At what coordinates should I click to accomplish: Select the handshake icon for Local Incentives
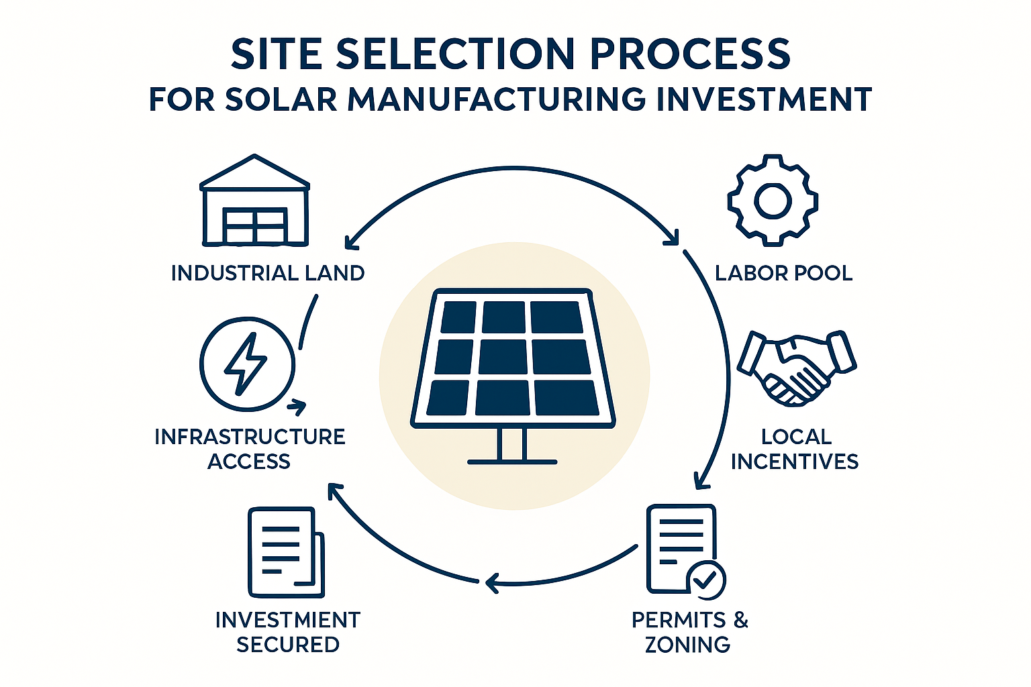797,368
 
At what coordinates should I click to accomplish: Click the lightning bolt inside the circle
245,364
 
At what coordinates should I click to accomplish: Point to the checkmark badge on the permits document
705,580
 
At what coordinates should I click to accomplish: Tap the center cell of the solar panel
503,357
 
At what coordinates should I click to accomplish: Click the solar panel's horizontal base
512,462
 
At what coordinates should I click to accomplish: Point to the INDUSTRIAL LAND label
268,273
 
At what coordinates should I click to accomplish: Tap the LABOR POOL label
784,273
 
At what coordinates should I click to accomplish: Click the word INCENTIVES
795,462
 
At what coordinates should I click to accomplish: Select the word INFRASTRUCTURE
250,437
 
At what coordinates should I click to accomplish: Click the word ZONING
687,644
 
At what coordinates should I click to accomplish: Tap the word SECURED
288,644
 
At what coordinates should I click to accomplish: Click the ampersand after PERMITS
740,620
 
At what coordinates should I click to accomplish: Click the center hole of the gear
773,201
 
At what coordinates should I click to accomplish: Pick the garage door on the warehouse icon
254,225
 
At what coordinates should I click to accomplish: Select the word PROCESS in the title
690,54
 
